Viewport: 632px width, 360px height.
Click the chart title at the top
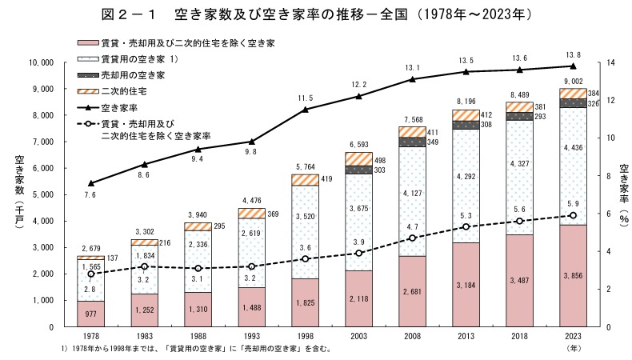(x=316, y=14)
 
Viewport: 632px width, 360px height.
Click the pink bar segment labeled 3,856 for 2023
(x=573, y=275)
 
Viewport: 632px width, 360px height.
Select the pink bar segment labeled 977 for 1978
(x=90, y=314)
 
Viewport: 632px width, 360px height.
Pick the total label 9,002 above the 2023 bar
(x=573, y=81)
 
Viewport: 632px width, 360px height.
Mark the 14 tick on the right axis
(x=612, y=62)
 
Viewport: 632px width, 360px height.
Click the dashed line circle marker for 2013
(x=466, y=226)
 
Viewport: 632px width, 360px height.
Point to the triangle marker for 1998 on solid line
(x=305, y=110)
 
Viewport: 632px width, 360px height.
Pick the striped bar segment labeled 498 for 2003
(x=359, y=158)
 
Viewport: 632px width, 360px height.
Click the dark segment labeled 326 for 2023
(x=573, y=102)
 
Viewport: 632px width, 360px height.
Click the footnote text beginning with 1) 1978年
(x=196, y=350)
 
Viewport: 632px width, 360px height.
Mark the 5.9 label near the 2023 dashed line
(x=574, y=204)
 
